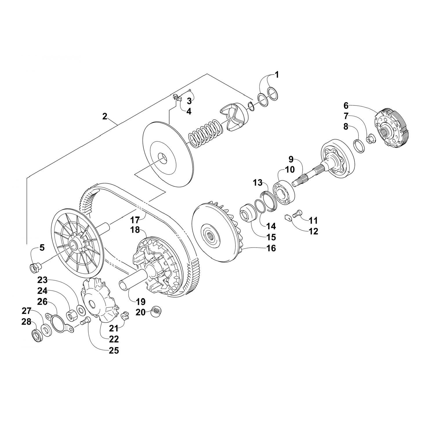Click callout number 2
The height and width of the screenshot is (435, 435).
coord(105,117)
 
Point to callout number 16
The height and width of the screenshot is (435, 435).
coord(271,249)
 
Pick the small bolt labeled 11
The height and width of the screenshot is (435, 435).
coord(299,215)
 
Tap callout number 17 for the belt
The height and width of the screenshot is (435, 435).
coord(135,218)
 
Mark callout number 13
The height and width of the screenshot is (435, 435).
coord(257,183)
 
